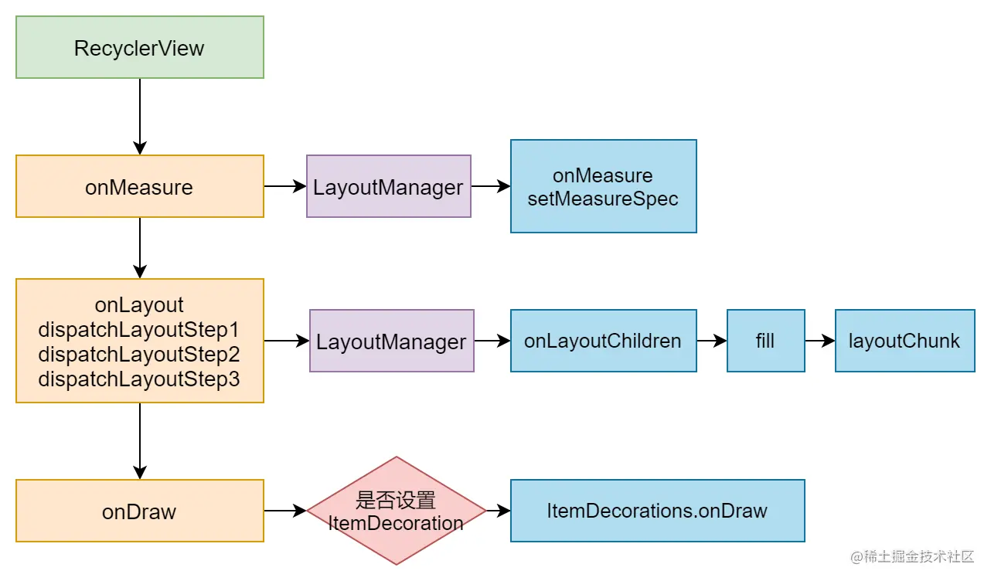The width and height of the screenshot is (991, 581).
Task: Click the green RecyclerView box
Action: [140, 47]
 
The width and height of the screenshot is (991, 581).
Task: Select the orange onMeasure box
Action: [140, 186]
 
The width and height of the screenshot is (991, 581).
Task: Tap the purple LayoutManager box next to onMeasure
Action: [388, 186]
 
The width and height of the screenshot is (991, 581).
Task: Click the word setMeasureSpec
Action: [603, 199]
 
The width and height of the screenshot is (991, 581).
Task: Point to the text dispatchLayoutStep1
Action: [139, 330]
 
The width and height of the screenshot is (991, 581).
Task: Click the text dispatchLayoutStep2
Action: [139, 355]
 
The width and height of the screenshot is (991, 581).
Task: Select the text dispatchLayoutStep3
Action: [139, 379]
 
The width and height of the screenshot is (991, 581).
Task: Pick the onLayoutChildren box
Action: [604, 341]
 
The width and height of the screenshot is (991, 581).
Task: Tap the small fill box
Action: [765, 341]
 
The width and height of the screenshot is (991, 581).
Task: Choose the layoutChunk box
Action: [904, 341]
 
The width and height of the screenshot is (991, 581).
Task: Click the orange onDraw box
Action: [140, 511]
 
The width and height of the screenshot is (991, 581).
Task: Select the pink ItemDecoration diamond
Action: [397, 511]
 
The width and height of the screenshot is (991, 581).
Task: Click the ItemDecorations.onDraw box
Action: [657, 511]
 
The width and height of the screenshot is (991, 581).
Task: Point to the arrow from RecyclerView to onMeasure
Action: [140, 117]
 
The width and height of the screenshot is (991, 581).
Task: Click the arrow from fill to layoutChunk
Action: [820, 341]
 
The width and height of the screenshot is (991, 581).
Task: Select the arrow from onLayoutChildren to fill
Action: [712, 341]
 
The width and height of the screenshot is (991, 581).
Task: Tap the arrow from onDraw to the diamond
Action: [285, 511]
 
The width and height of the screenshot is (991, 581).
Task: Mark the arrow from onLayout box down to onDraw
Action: [140, 441]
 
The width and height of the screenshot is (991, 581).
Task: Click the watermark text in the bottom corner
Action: [912, 557]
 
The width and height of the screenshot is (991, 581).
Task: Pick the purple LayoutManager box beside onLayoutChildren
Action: [392, 341]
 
